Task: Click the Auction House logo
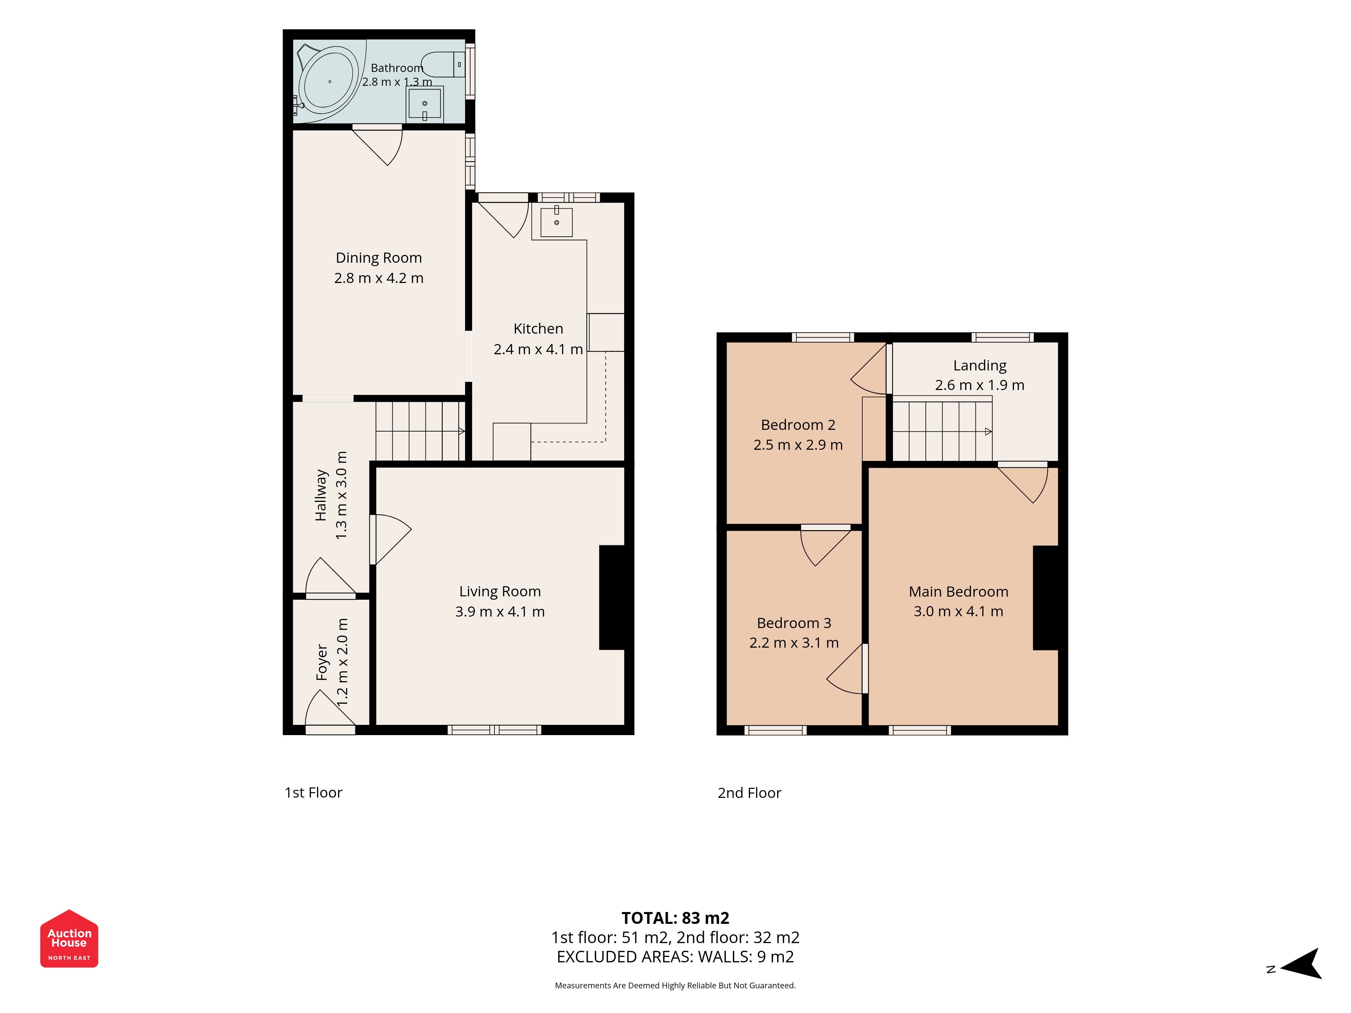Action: [69, 938]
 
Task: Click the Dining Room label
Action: [379, 258]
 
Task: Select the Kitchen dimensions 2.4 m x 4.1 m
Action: [538, 349]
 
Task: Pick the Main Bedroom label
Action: [958, 591]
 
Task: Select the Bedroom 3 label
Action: [794, 623]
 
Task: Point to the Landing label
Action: [980, 365]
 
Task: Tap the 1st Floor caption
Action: [313, 793]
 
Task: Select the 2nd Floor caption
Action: [749, 793]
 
